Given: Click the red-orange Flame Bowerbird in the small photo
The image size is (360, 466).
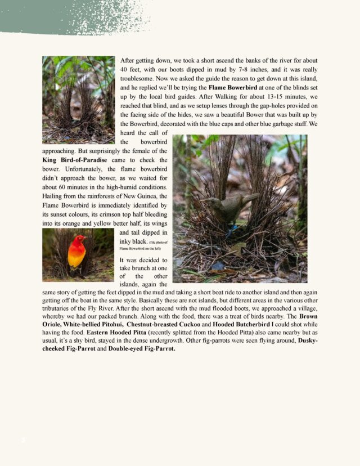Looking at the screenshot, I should pos(77,252).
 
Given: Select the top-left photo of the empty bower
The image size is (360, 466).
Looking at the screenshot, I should pos(78,99).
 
